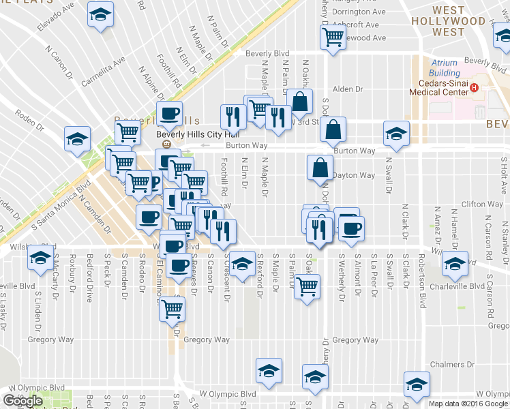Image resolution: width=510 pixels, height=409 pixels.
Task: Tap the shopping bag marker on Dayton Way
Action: (320, 167)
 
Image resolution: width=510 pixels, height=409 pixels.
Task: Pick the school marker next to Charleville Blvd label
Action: (455, 264)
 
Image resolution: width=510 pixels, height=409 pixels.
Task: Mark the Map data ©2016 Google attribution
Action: (468, 404)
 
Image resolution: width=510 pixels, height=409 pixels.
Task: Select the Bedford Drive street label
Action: (90, 276)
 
